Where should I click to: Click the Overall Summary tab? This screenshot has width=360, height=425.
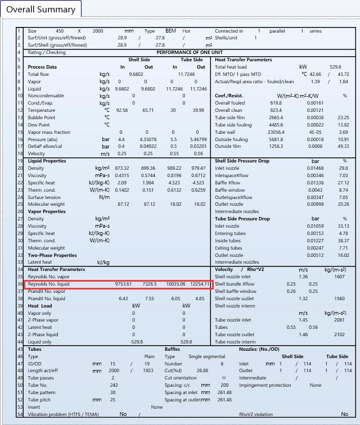(40, 9)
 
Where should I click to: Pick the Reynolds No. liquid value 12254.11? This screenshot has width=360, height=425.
(200, 284)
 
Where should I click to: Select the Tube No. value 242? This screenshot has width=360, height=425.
(114, 385)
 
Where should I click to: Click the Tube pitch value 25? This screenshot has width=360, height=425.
(113, 400)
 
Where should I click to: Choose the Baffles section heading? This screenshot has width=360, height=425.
(172, 349)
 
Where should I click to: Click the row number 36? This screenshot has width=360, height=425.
(19, 284)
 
